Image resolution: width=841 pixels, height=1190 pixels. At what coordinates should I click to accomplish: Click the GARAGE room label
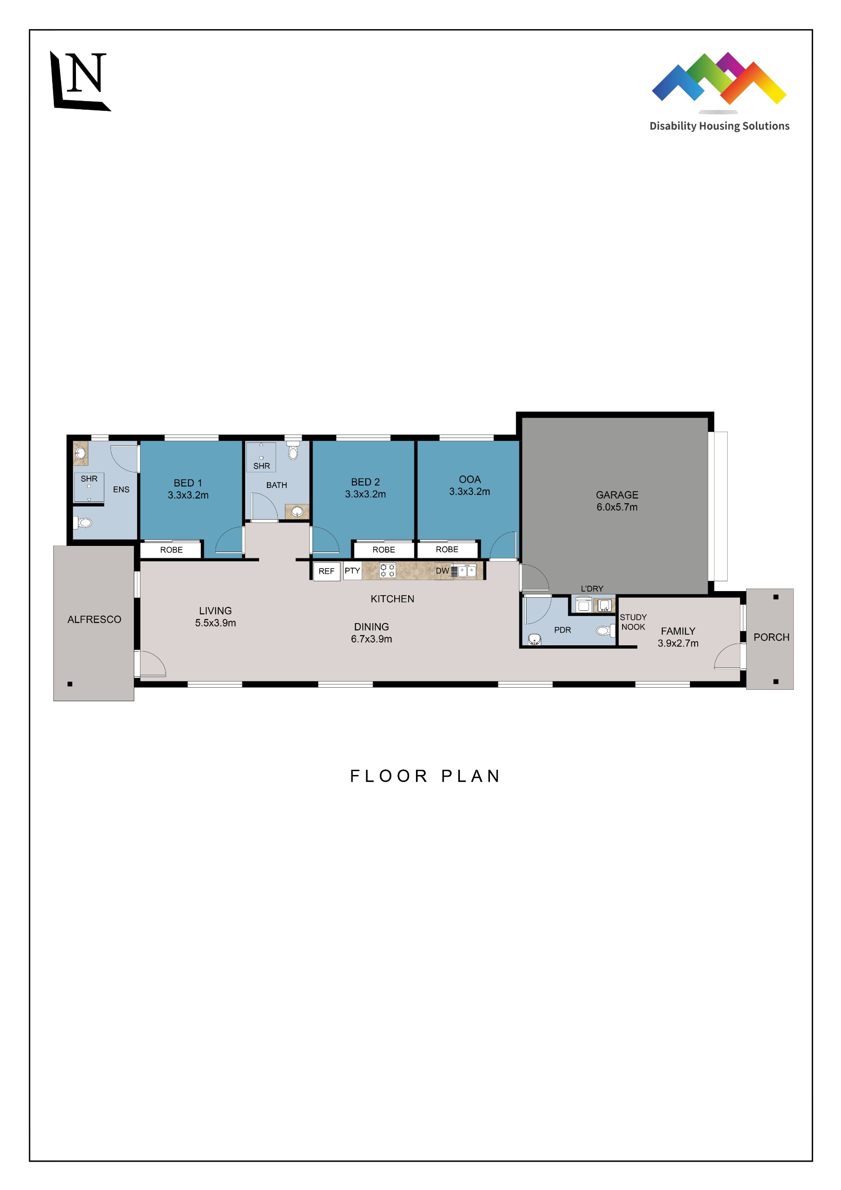(x=617, y=495)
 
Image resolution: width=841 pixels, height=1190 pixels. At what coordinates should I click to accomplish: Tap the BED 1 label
(x=188, y=483)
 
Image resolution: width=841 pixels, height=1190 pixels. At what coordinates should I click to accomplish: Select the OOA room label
(x=469, y=479)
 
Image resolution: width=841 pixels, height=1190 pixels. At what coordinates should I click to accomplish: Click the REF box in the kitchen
(x=326, y=571)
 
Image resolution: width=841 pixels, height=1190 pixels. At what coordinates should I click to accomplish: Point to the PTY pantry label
(x=352, y=571)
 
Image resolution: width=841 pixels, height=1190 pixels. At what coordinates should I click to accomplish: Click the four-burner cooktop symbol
(x=387, y=571)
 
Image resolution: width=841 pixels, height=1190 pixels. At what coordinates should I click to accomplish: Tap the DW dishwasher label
(x=442, y=571)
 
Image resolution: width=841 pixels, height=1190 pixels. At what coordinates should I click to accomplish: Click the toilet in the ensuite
(x=83, y=522)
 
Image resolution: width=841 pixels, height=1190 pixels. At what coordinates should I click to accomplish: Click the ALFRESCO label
(x=94, y=619)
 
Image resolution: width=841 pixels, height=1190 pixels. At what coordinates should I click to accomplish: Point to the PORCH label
(x=771, y=638)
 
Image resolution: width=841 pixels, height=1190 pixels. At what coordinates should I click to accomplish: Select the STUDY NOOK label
(x=633, y=622)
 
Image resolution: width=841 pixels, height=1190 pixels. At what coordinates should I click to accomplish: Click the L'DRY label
(x=592, y=589)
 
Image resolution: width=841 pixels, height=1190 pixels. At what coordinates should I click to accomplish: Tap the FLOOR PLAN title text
(x=425, y=776)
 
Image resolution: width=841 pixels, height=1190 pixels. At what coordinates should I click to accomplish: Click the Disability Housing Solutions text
(x=719, y=126)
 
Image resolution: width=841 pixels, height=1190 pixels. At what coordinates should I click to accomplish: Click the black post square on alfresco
(x=70, y=684)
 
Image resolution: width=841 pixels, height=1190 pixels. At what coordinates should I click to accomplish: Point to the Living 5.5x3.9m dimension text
(x=215, y=623)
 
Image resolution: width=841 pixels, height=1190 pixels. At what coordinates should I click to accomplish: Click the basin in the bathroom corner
(x=297, y=512)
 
